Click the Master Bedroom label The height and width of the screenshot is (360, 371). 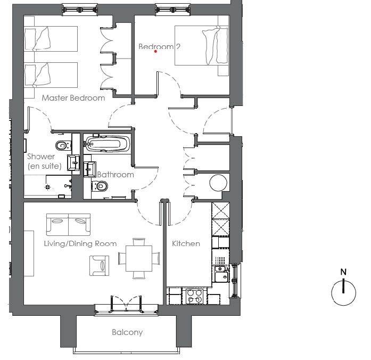73,98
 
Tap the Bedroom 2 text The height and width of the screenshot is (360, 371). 159,46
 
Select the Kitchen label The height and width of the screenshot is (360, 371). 186,243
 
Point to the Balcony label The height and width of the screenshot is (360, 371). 127,332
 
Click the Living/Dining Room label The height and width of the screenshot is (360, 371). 80,243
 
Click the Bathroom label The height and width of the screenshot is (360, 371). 116,175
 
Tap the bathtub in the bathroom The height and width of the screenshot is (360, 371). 108,144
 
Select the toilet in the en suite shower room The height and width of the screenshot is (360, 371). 63,145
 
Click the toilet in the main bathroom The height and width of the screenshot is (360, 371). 100,186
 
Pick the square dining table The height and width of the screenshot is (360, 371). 139,258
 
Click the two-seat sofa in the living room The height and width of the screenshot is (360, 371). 68,225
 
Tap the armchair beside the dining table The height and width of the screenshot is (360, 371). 100,266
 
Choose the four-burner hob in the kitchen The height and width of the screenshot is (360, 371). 194,296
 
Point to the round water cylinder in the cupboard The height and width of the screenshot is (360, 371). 218,183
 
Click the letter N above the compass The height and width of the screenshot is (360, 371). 343,272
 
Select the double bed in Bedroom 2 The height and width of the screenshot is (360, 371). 202,45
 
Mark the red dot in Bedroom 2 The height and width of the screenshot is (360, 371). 155,51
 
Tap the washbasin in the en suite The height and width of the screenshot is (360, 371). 73,162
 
